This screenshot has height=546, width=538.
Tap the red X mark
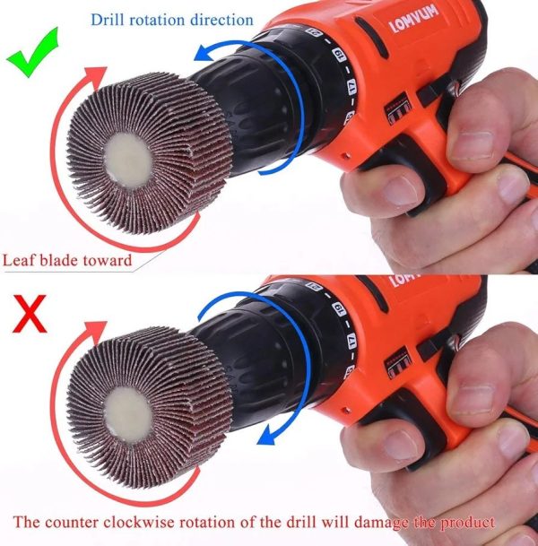30,314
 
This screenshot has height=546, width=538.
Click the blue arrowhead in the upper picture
203,54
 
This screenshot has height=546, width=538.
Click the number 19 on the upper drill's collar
339,55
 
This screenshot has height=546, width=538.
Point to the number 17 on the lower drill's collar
351,341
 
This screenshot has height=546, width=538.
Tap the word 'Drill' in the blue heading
108,20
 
